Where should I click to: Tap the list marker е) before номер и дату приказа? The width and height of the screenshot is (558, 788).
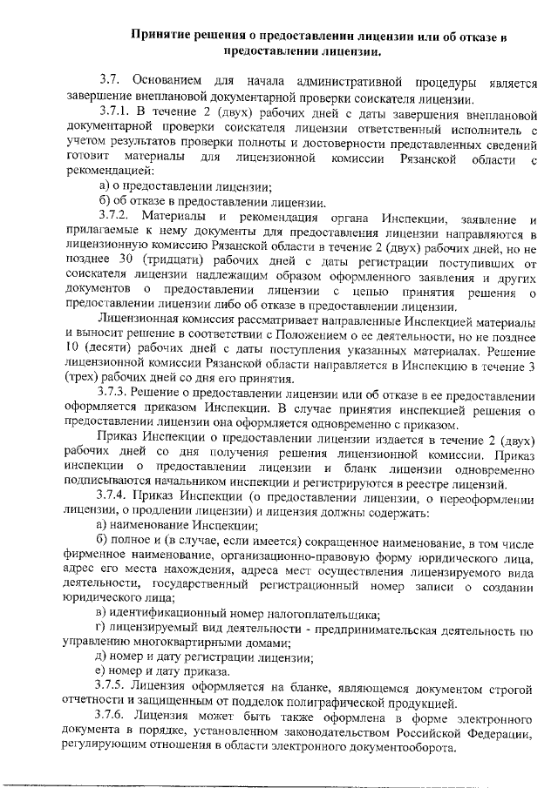click(103, 671)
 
